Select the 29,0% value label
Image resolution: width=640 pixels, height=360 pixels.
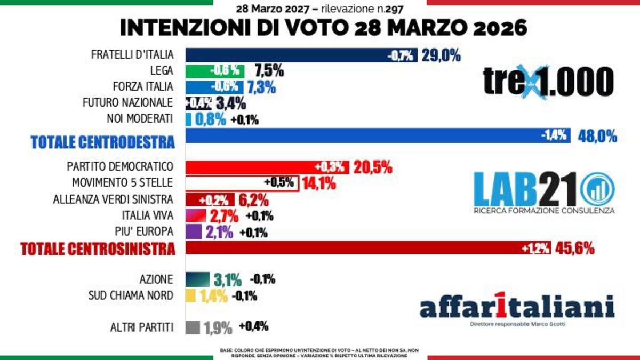tap(441, 55)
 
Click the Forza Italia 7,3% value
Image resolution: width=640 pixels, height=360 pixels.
tap(262, 86)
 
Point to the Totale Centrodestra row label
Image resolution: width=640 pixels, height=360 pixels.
tap(102, 142)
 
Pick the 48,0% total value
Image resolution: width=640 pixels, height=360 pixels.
tap(597, 137)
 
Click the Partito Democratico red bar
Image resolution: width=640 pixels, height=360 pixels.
tap(267, 167)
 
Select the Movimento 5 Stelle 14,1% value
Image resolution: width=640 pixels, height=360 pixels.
tap(319, 183)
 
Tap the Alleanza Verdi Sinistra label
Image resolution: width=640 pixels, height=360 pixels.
tap(113, 199)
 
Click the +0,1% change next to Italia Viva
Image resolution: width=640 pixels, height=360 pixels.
tap(260, 216)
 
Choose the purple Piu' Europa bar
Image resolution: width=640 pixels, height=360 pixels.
tap(194, 232)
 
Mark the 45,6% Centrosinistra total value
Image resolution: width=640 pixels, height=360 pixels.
tap(575, 249)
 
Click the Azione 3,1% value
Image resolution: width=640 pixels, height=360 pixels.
tap(228, 279)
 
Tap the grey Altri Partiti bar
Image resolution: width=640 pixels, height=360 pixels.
tap(193, 327)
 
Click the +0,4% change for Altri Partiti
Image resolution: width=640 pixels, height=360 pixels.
tap(253, 326)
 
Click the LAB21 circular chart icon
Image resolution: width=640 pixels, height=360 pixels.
tap(597, 189)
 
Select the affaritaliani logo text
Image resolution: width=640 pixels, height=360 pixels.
tap(516, 308)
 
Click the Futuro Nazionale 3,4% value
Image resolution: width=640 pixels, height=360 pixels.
tap(231, 103)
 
